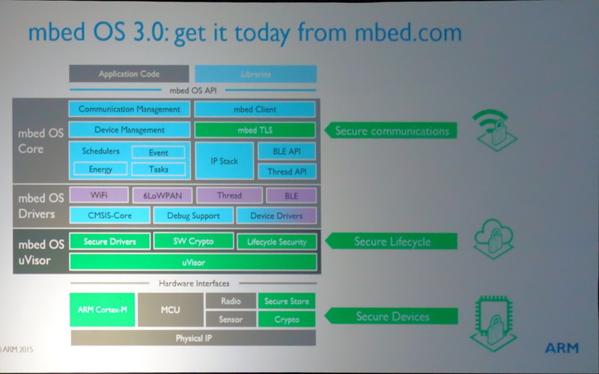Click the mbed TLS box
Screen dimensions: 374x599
255,130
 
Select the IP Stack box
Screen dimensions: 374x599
224,160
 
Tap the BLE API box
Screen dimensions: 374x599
287,151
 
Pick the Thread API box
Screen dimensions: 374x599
287,172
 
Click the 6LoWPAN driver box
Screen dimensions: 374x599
162,196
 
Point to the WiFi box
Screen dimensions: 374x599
99,196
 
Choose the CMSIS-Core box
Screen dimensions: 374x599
109,216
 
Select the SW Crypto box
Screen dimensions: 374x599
192,241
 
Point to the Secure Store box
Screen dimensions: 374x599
286,301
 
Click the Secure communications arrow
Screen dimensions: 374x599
389,131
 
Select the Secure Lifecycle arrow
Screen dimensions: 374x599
389,241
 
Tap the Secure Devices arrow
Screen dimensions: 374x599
389,316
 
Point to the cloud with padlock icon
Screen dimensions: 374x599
493,238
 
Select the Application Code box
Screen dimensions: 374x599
129,74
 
